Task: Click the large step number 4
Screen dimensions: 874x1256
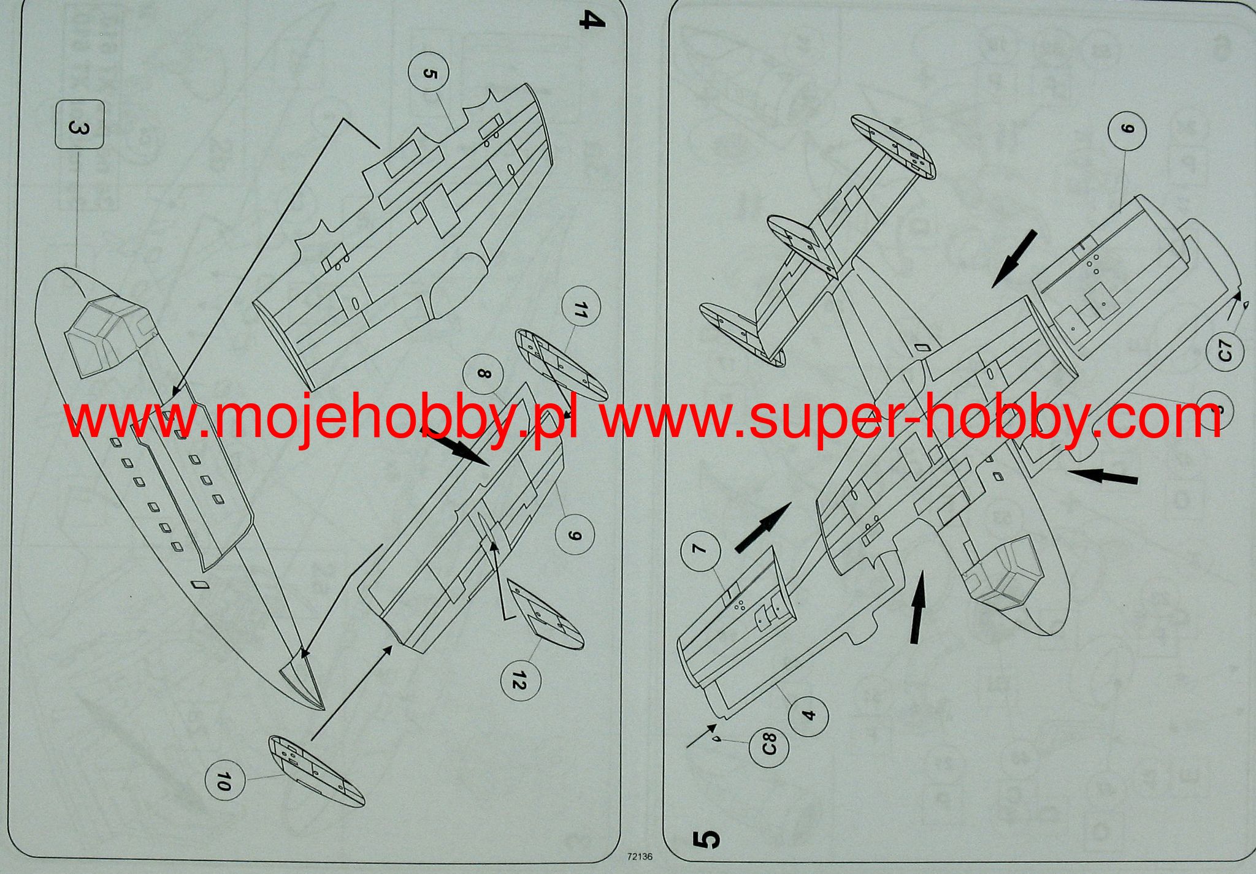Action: tap(591, 22)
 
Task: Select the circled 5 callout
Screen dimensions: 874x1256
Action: tap(428, 74)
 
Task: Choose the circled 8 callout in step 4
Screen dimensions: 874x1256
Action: tap(484, 373)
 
